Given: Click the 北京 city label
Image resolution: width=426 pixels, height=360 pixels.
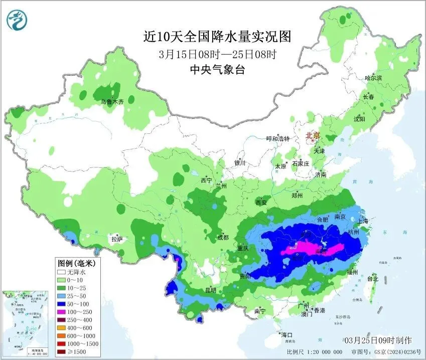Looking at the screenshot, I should tap(313, 135).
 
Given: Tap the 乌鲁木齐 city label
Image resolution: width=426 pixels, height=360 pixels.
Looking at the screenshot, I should tap(112, 102).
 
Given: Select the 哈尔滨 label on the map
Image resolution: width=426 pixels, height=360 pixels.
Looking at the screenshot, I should tap(373, 78).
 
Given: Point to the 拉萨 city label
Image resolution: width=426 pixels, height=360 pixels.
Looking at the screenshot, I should tap(117, 240).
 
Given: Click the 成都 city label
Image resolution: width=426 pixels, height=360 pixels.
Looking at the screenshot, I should tap(223, 237).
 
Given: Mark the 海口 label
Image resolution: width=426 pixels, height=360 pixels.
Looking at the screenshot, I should tap(287, 334).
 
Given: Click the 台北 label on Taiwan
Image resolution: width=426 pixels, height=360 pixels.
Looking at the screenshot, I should tap(373, 278).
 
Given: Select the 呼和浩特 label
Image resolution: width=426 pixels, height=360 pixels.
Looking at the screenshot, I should tap(278, 139).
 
